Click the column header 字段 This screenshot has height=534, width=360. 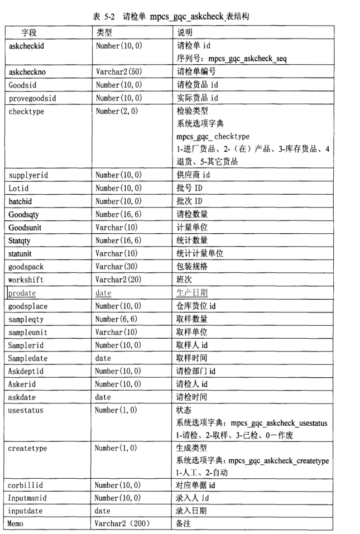tap(30, 33)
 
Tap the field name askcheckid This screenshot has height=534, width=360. tap(27, 46)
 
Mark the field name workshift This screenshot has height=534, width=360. tap(26, 279)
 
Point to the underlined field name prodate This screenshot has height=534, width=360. tap(23, 292)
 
